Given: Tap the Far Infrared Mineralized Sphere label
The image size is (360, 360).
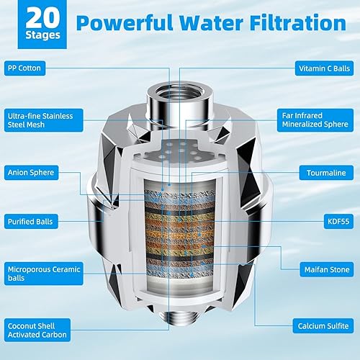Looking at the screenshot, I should [x=318, y=121].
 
